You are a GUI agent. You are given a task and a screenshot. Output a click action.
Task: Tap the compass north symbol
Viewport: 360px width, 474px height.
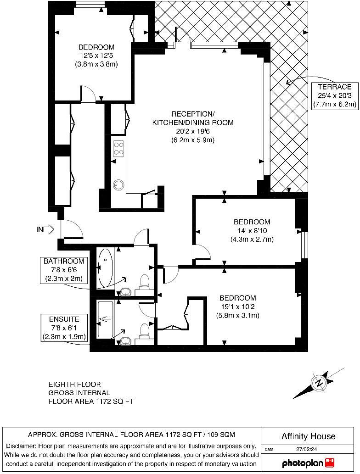coord(318,383)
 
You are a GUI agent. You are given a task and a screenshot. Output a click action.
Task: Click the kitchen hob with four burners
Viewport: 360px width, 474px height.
coord(119,148)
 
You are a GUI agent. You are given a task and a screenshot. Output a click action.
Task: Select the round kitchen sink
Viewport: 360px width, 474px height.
coord(119,184)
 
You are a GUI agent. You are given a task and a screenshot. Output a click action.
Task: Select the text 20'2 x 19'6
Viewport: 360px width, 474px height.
coord(193,131)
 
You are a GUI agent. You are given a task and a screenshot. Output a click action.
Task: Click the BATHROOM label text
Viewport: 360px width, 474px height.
coord(64,261)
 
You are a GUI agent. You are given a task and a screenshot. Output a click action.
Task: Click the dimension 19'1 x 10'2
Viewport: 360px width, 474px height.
coord(238,307)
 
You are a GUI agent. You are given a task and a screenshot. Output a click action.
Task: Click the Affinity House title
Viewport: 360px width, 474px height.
coord(308,436)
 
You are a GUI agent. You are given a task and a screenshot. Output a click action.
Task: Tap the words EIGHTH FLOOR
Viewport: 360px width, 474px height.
coord(74,384)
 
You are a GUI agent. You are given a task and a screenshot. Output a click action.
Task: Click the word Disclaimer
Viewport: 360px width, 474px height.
coord(21,446)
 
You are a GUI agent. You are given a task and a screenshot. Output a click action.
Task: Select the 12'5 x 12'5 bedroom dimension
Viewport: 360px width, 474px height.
coord(96,56)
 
